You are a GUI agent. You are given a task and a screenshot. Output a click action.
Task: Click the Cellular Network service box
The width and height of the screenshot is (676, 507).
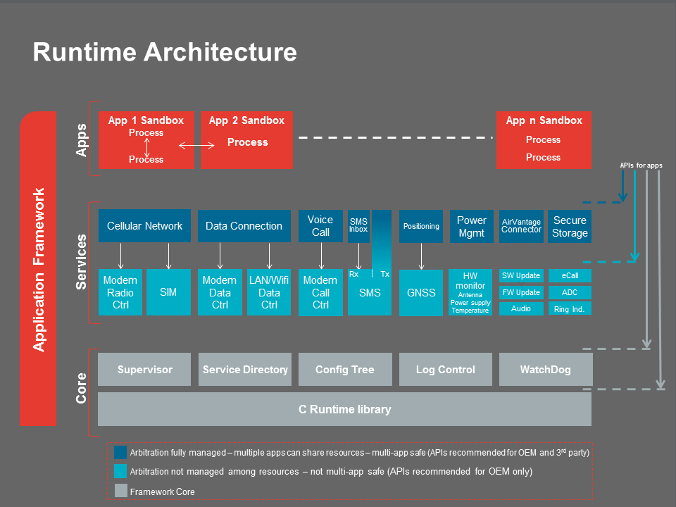144,226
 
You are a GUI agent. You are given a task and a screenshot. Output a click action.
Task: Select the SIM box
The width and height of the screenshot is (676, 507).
168,292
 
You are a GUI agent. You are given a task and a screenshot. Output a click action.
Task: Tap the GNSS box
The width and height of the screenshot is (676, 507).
421,292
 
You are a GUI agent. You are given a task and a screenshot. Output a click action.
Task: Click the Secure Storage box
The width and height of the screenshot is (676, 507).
570,226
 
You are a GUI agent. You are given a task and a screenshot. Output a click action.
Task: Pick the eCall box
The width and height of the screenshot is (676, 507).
570,275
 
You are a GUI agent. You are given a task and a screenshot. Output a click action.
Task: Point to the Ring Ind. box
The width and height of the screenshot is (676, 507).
570,309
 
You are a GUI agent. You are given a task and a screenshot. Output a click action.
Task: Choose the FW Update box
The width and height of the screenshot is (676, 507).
521,292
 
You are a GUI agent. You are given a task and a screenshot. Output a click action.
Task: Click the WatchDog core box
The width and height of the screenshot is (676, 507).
545,370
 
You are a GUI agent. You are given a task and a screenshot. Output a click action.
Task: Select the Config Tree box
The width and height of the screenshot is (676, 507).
344,370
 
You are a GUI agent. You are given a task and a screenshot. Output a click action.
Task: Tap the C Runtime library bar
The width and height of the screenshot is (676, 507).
344,410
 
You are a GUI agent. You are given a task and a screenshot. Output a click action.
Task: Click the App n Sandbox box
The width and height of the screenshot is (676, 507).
544,139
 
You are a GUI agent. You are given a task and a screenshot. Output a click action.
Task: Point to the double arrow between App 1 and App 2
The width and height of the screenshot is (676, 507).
197,146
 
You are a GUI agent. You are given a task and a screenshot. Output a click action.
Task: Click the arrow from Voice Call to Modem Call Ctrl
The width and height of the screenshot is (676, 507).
321,256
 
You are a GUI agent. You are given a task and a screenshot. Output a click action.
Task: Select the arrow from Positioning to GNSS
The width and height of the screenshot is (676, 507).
421,256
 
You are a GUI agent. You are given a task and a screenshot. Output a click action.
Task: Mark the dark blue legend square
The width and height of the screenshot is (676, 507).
120,453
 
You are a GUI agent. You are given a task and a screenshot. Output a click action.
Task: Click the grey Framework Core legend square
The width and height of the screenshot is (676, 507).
120,491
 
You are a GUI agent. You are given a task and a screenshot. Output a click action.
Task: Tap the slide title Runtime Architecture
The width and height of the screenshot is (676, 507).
165,53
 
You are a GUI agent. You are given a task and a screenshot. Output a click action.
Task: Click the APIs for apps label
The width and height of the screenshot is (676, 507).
641,165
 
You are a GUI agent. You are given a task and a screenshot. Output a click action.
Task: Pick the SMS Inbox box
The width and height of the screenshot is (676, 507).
358,226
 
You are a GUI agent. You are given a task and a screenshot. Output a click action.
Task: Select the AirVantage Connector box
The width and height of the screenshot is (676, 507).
521,226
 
